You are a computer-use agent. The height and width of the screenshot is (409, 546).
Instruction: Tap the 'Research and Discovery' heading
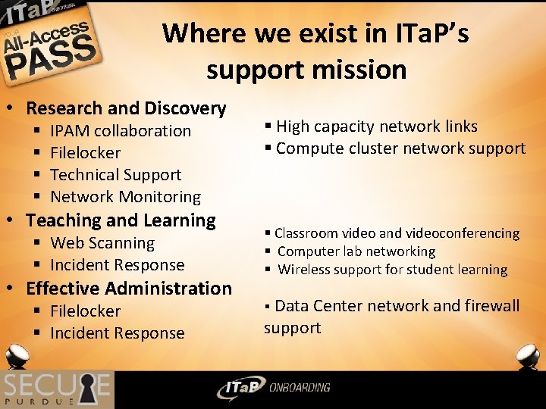click(x=126, y=108)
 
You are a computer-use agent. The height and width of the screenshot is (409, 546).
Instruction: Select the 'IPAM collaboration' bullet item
click(x=121, y=131)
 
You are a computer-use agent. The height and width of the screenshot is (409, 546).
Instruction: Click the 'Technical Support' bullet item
click(x=115, y=174)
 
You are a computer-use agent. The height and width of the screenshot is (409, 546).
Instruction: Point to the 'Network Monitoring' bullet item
click(x=125, y=197)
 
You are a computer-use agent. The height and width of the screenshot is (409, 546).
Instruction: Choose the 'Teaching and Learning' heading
click(x=121, y=220)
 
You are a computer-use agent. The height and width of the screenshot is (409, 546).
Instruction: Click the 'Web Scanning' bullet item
click(x=102, y=243)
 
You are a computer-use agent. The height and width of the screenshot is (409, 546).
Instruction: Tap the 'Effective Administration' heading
click(x=128, y=289)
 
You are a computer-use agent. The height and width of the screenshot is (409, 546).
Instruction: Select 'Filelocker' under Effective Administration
click(x=85, y=311)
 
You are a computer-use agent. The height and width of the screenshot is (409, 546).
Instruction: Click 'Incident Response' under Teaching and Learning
click(x=117, y=265)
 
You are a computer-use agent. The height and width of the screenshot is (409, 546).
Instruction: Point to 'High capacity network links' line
click(x=377, y=126)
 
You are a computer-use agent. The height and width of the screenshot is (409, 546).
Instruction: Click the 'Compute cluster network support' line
click(x=400, y=148)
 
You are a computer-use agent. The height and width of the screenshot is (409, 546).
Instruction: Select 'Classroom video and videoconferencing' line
click(x=397, y=233)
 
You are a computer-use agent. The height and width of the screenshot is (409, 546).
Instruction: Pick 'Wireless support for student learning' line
click(x=392, y=270)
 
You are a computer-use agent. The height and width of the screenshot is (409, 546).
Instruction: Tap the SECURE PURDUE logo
click(x=57, y=389)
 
